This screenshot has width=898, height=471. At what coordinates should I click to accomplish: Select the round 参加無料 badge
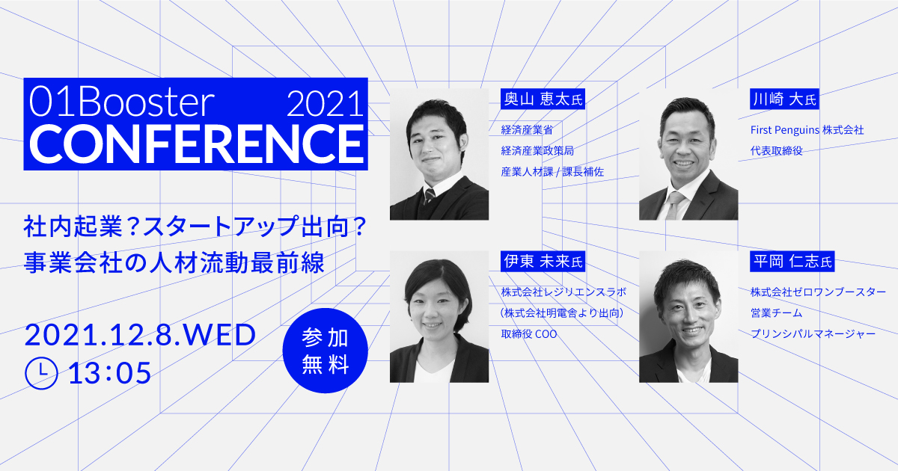pyautogui.click(x=326, y=350)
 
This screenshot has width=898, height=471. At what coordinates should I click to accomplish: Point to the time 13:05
pyautogui.click(x=109, y=372)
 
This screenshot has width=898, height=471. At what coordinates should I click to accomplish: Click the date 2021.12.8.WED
pyautogui.click(x=141, y=336)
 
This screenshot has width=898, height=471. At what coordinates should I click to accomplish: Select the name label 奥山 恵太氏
pyautogui.click(x=542, y=99)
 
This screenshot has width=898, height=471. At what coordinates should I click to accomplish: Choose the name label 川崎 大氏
pyautogui.click(x=784, y=99)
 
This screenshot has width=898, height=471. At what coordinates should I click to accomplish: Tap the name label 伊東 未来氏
pyautogui.click(x=542, y=262)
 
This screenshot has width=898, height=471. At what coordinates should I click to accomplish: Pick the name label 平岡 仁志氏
pyautogui.click(x=791, y=262)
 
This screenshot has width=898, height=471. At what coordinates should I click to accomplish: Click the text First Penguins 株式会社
pyautogui.click(x=807, y=130)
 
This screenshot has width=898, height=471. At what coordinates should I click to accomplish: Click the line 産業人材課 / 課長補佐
pyautogui.click(x=552, y=171)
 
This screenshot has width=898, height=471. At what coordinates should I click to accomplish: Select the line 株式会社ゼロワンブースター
pyautogui.click(x=818, y=291)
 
